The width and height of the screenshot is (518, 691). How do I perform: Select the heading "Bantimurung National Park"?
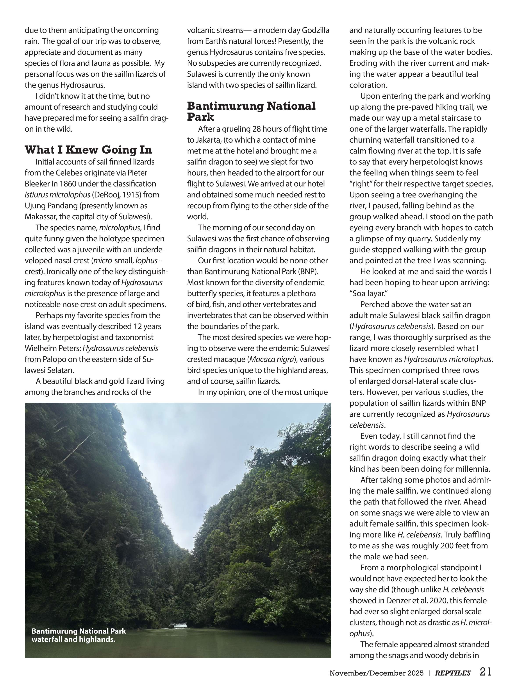click(x=251, y=111)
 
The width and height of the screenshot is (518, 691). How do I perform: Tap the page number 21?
click(x=485, y=672)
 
